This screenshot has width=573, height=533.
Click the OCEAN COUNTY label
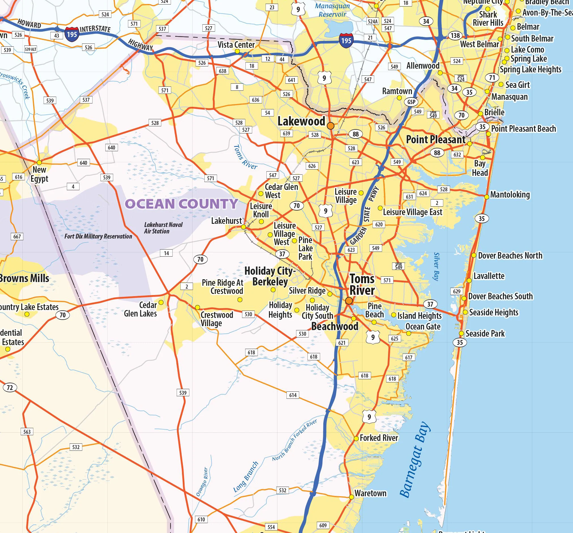pos(181,204)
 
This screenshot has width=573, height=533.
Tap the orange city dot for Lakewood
pos(331,126)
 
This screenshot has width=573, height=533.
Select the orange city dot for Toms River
pos(349,301)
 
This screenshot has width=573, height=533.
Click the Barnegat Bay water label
pos(415,460)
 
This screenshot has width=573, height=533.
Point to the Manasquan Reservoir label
pos(332,10)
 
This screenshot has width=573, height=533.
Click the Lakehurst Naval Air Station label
pos(163,228)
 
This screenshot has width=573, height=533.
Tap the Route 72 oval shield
pos(10,387)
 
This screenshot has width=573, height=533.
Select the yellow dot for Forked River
pos(356,438)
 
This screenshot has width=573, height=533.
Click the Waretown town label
pos(370,493)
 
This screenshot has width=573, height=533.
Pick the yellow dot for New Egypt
pos(39,162)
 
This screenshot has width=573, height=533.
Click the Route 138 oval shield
pos(455,35)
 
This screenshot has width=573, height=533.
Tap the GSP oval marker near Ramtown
pos(411,102)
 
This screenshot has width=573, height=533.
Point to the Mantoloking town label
pos(510,195)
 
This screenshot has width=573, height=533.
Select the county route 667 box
pos(17,237)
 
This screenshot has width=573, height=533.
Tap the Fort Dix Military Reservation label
pos(98,237)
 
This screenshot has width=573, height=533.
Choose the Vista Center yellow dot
pos(237,51)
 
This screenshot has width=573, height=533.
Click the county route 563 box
pos(27,432)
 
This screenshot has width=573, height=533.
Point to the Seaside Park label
pos(485,334)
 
